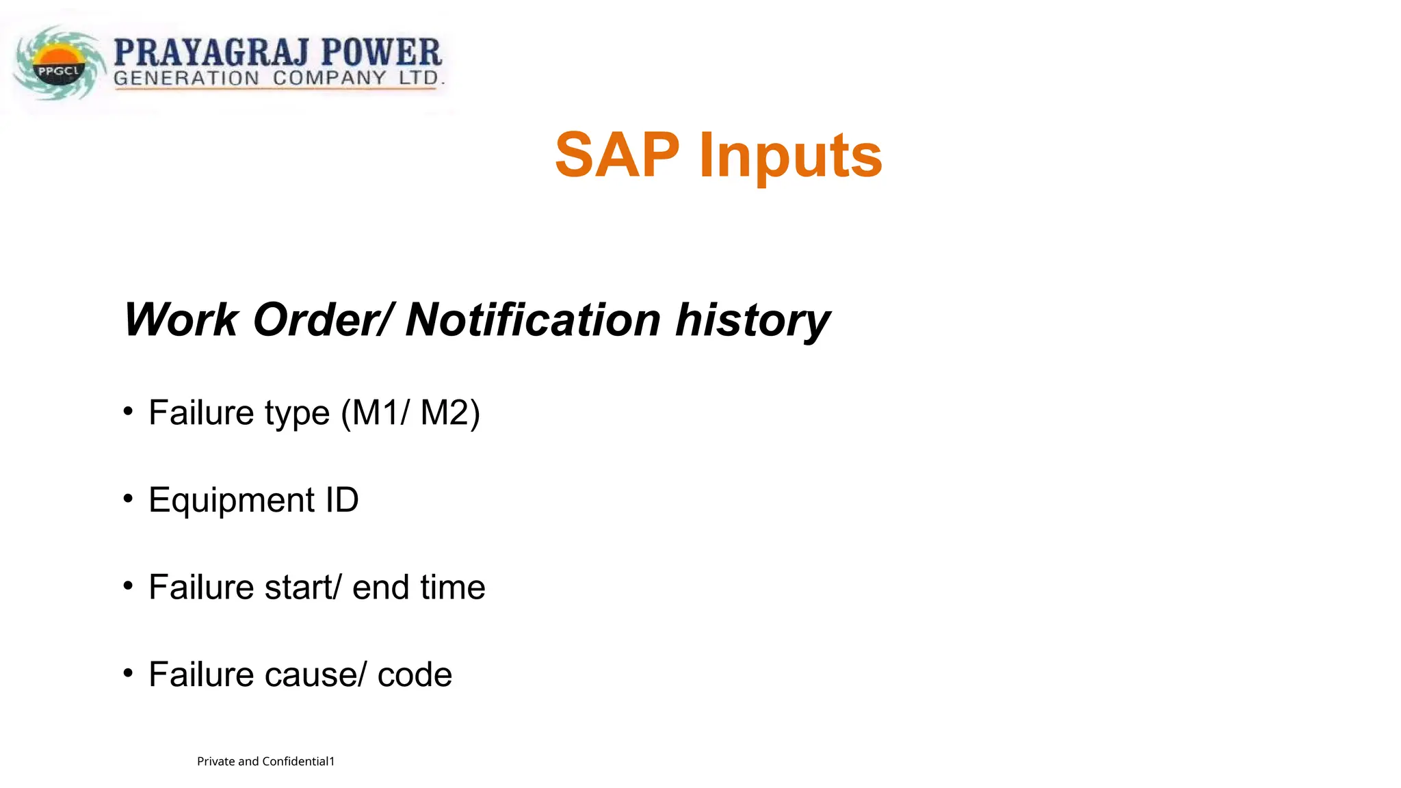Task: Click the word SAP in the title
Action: [617, 155]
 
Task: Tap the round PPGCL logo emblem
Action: [60, 65]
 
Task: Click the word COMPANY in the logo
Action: [329, 78]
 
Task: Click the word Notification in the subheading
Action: [533, 320]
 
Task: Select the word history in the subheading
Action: [752, 320]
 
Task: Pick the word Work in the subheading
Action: [181, 320]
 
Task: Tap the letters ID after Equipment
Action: [341, 500]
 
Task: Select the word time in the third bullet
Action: [452, 588]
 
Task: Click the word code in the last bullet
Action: [415, 675]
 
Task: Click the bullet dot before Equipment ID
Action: [128, 499]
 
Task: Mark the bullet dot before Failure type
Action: [128, 411]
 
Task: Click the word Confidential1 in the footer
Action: [298, 761]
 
